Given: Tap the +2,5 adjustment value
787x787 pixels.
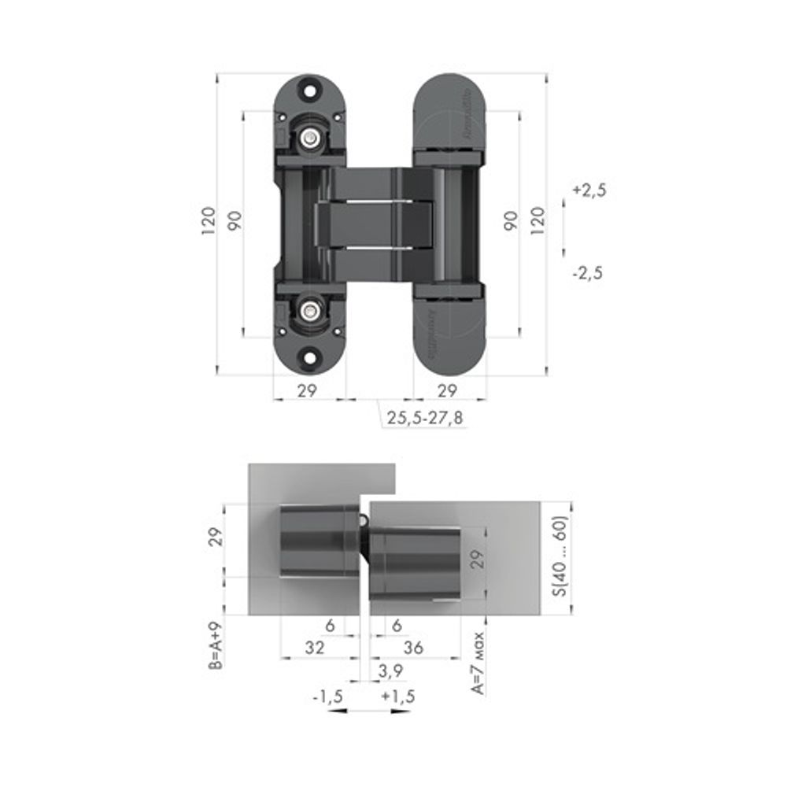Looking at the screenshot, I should [589, 190].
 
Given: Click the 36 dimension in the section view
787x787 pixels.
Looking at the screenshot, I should [413, 648].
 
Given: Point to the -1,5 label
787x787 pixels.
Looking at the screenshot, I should [328, 696].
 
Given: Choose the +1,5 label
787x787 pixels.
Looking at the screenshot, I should [397, 696].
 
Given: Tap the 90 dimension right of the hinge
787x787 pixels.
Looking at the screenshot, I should [512, 220].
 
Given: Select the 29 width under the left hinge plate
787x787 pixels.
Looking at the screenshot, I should [307, 390].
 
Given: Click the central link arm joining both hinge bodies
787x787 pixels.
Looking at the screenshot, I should [375, 224].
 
